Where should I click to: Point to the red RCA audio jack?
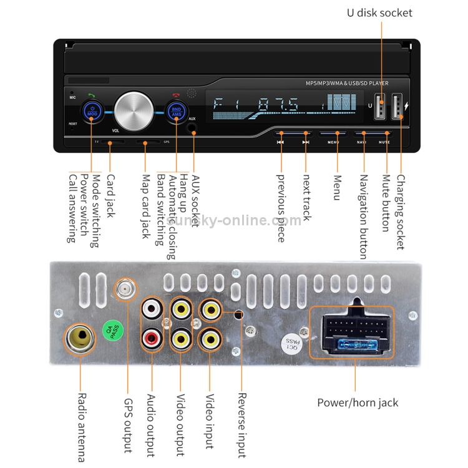tap(152, 340)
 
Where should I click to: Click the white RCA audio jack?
tap(152, 308)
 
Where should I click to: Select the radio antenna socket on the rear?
tap(79, 338)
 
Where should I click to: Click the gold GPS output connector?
tap(124, 289)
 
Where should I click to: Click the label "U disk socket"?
tap(379, 12)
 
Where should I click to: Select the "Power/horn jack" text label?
tap(358, 402)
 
